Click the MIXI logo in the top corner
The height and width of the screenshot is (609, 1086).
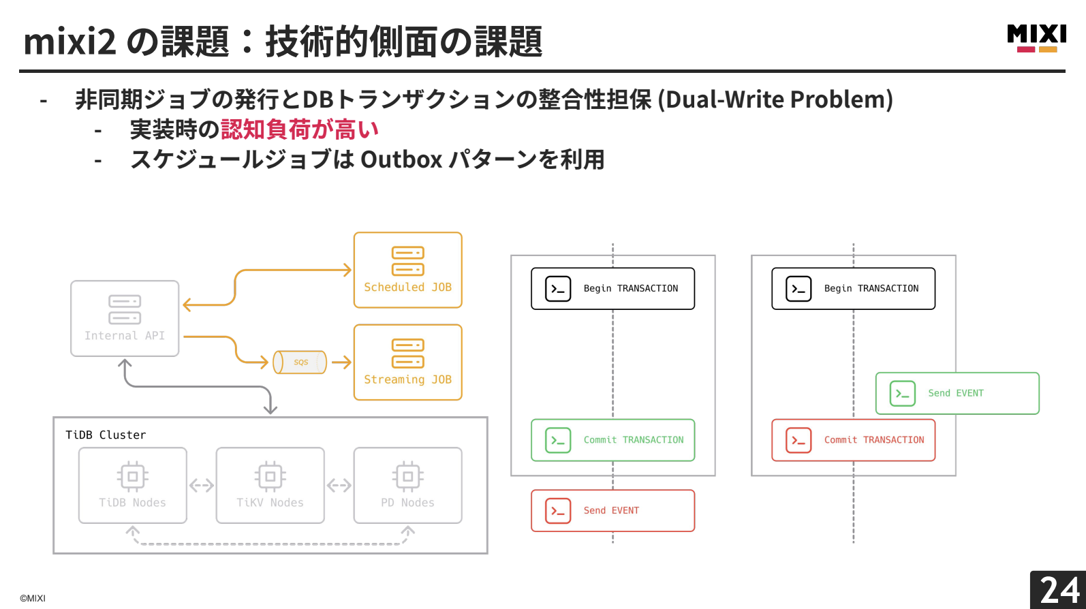(1036, 37)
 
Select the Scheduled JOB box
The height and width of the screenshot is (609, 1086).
(407, 270)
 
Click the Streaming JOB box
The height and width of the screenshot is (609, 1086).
(407, 362)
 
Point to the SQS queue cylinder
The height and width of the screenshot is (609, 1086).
(300, 362)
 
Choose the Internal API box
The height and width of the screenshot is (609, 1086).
(125, 319)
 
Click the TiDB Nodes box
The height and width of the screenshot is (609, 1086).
(133, 485)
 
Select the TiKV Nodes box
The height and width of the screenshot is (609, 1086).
(270, 485)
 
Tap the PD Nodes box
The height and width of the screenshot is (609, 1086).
(407, 485)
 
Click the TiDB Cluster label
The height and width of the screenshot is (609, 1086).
(106, 435)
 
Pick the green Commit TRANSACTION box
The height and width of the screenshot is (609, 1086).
(612, 440)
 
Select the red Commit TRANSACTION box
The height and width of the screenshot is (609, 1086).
(853, 440)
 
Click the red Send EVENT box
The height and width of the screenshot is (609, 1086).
(612, 510)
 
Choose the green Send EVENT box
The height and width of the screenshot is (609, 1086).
(957, 393)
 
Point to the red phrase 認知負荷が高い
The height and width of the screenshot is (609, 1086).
(299, 129)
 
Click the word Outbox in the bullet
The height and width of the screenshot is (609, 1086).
(401, 159)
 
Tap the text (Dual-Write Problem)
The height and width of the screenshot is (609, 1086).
(775, 99)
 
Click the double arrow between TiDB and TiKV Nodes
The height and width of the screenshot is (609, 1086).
(202, 486)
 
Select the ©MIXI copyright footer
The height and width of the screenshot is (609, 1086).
(33, 598)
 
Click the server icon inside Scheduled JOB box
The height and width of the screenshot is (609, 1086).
(407, 261)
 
